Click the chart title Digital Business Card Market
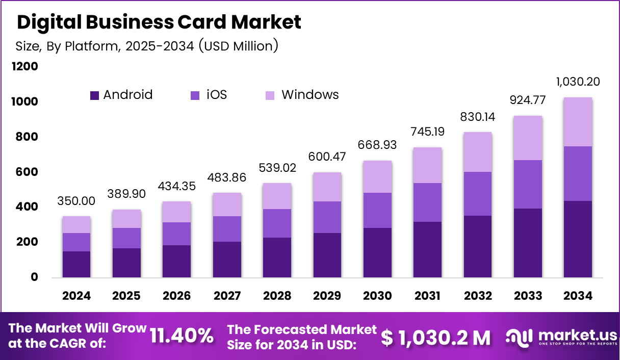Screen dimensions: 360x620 tap(159, 22)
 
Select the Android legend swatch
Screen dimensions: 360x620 tap(94, 95)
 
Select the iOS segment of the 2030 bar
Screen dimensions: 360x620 tap(377, 210)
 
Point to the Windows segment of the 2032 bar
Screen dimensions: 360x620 tap(478, 152)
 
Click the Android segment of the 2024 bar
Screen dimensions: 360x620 tap(76, 264)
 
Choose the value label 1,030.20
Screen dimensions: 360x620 tap(578, 82)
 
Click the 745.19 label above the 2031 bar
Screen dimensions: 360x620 tap(427, 132)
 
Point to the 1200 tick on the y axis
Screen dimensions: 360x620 tap(25, 67)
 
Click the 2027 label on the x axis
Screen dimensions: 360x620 tap(227, 296)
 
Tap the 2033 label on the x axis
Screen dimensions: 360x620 tap(528, 296)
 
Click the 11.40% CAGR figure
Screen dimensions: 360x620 tap(182, 336)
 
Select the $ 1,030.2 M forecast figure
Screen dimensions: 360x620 tap(436, 337)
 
